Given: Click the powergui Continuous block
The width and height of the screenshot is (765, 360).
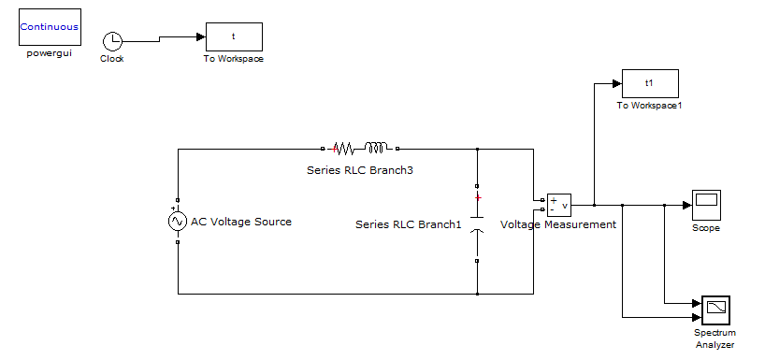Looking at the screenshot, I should click(x=50, y=28).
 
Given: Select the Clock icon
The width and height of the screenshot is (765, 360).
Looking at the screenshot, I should click(x=112, y=40).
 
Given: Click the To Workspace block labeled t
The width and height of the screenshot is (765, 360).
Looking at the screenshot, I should click(x=234, y=36).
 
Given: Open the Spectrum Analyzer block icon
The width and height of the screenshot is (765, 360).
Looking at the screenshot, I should click(x=714, y=310).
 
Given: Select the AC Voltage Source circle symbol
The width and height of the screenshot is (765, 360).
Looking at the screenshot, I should click(x=177, y=222).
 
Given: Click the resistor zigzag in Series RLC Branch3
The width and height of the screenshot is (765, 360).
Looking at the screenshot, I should click(x=344, y=148).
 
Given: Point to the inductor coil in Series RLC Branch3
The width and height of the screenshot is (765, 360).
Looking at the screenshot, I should click(x=376, y=148).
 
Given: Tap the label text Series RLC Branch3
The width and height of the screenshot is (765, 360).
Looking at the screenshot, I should click(x=359, y=170).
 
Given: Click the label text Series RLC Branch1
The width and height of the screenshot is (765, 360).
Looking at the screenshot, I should click(x=409, y=224).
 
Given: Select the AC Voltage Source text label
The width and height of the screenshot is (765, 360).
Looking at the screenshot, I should click(x=241, y=222).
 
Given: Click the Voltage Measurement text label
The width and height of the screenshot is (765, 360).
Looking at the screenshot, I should click(x=558, y=224).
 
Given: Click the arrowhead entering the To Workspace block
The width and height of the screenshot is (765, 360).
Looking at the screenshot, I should click(x=200, y=36).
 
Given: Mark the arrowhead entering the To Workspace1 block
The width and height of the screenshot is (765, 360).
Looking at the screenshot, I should click(x=616, y=83).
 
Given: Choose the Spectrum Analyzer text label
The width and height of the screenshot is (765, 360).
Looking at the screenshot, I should click(x=714, y=338).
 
